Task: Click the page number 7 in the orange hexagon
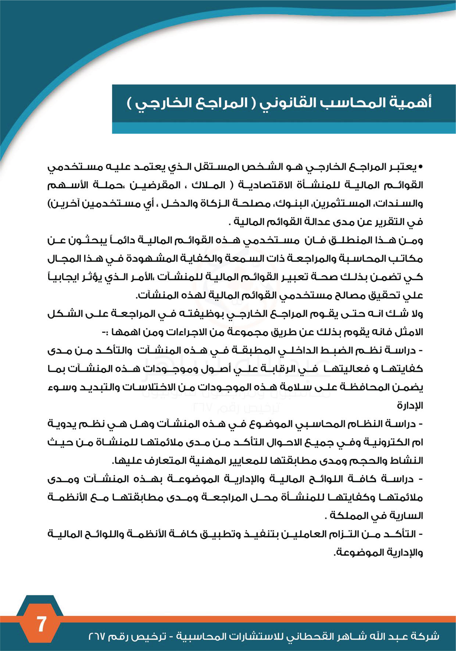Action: click(x=41, y=616)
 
